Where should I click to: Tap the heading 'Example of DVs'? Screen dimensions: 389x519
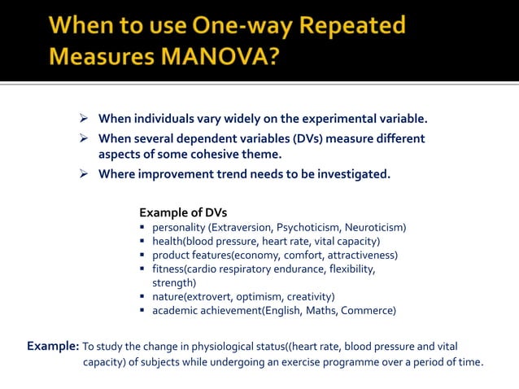(x=183, y=213)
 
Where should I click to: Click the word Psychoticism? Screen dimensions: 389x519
(x=307, y=227)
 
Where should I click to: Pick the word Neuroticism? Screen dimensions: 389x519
(x=374, y=227)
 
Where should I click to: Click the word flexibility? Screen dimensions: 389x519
(x=348, y=269)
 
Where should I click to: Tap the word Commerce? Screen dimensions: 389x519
(x=368, y=310)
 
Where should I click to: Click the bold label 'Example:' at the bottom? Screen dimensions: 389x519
(x=53, y=345)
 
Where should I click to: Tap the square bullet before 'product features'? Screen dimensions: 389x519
(x=143, y=255)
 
